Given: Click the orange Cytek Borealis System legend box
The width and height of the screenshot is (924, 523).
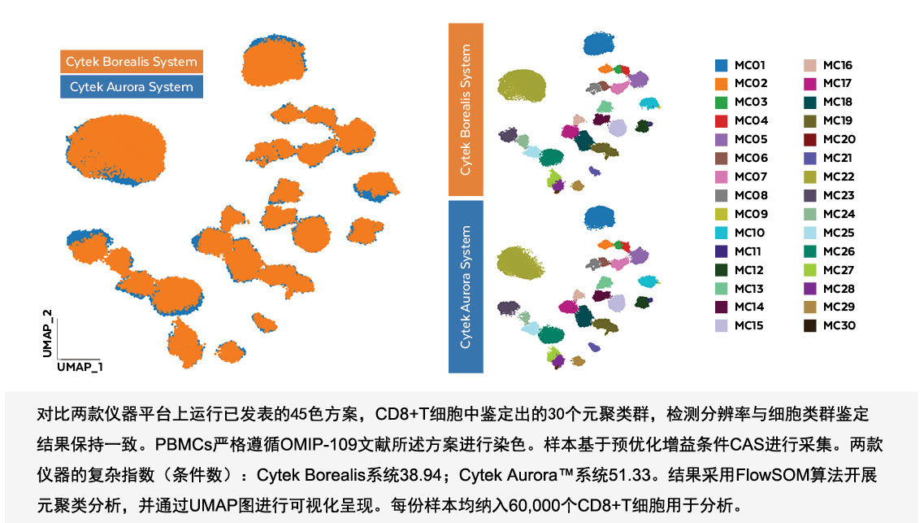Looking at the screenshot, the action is (132, 61).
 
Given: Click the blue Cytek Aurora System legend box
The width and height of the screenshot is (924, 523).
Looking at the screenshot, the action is (132, 87).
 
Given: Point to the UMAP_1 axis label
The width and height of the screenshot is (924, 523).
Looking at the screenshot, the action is (80, 367).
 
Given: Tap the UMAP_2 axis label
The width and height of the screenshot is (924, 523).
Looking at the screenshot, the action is (47, 333).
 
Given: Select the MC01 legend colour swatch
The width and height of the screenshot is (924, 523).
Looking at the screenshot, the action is (722, 65).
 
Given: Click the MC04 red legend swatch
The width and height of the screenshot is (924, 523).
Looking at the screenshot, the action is (722, 121).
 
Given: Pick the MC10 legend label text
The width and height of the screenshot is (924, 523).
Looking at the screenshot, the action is (749, 233).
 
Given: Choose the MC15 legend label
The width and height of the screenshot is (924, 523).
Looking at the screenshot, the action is (749, 325).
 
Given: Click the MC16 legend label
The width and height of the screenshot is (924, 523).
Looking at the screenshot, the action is (838, 65).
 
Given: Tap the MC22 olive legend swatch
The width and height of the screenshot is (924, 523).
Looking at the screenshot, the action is (810, 177).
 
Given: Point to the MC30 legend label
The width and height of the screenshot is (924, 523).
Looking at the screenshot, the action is (839, 325).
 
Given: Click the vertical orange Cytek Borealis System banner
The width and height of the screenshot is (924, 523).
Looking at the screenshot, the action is (466, 110).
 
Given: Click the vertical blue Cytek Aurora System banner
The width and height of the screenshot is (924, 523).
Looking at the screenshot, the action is (466, 286).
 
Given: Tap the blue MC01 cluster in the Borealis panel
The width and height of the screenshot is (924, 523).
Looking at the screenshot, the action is (599, 43).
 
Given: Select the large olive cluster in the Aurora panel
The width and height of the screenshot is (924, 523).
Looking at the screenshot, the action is (520, 263).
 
